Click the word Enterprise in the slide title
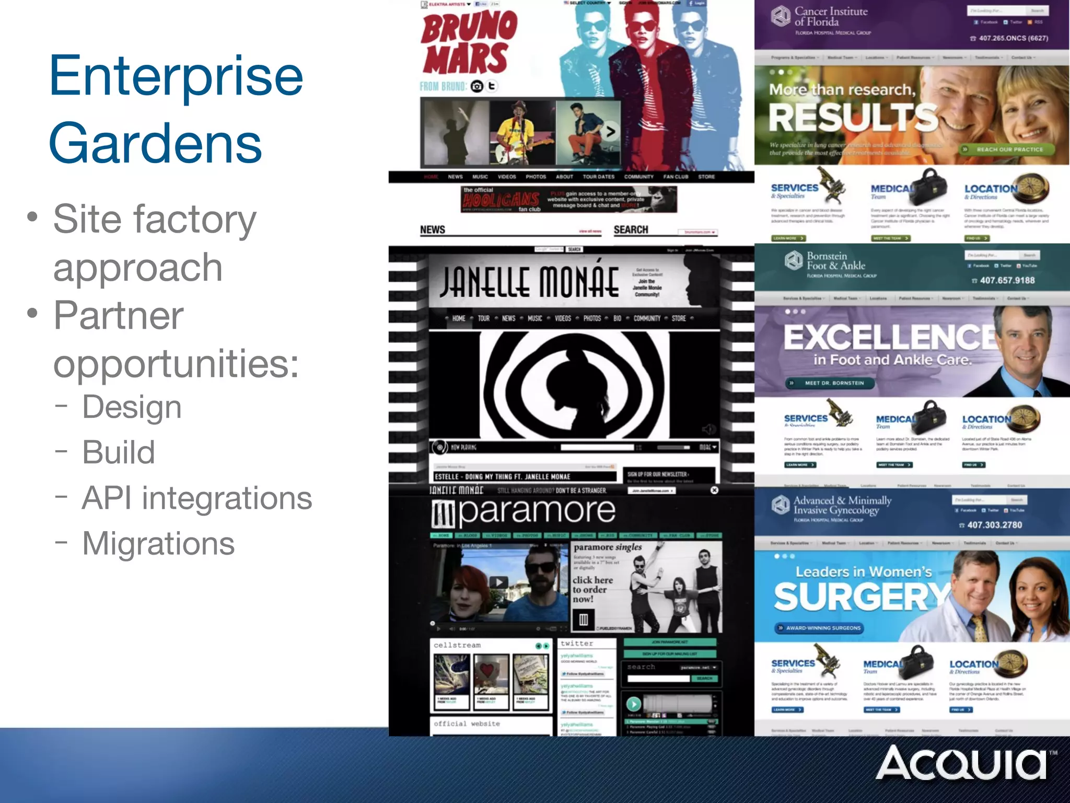point(176,77)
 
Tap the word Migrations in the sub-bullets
point(158,544)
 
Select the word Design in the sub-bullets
point(132,407)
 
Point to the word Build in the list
point(119,452)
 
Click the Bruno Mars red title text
point(469,44)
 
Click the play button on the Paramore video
point(498,582)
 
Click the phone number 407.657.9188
point(1007,280)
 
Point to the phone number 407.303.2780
point(994,525)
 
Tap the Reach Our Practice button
point(1009,150)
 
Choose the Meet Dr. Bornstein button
point(833,383)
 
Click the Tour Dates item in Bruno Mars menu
point(598,177)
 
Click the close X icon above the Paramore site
point(714,490)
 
